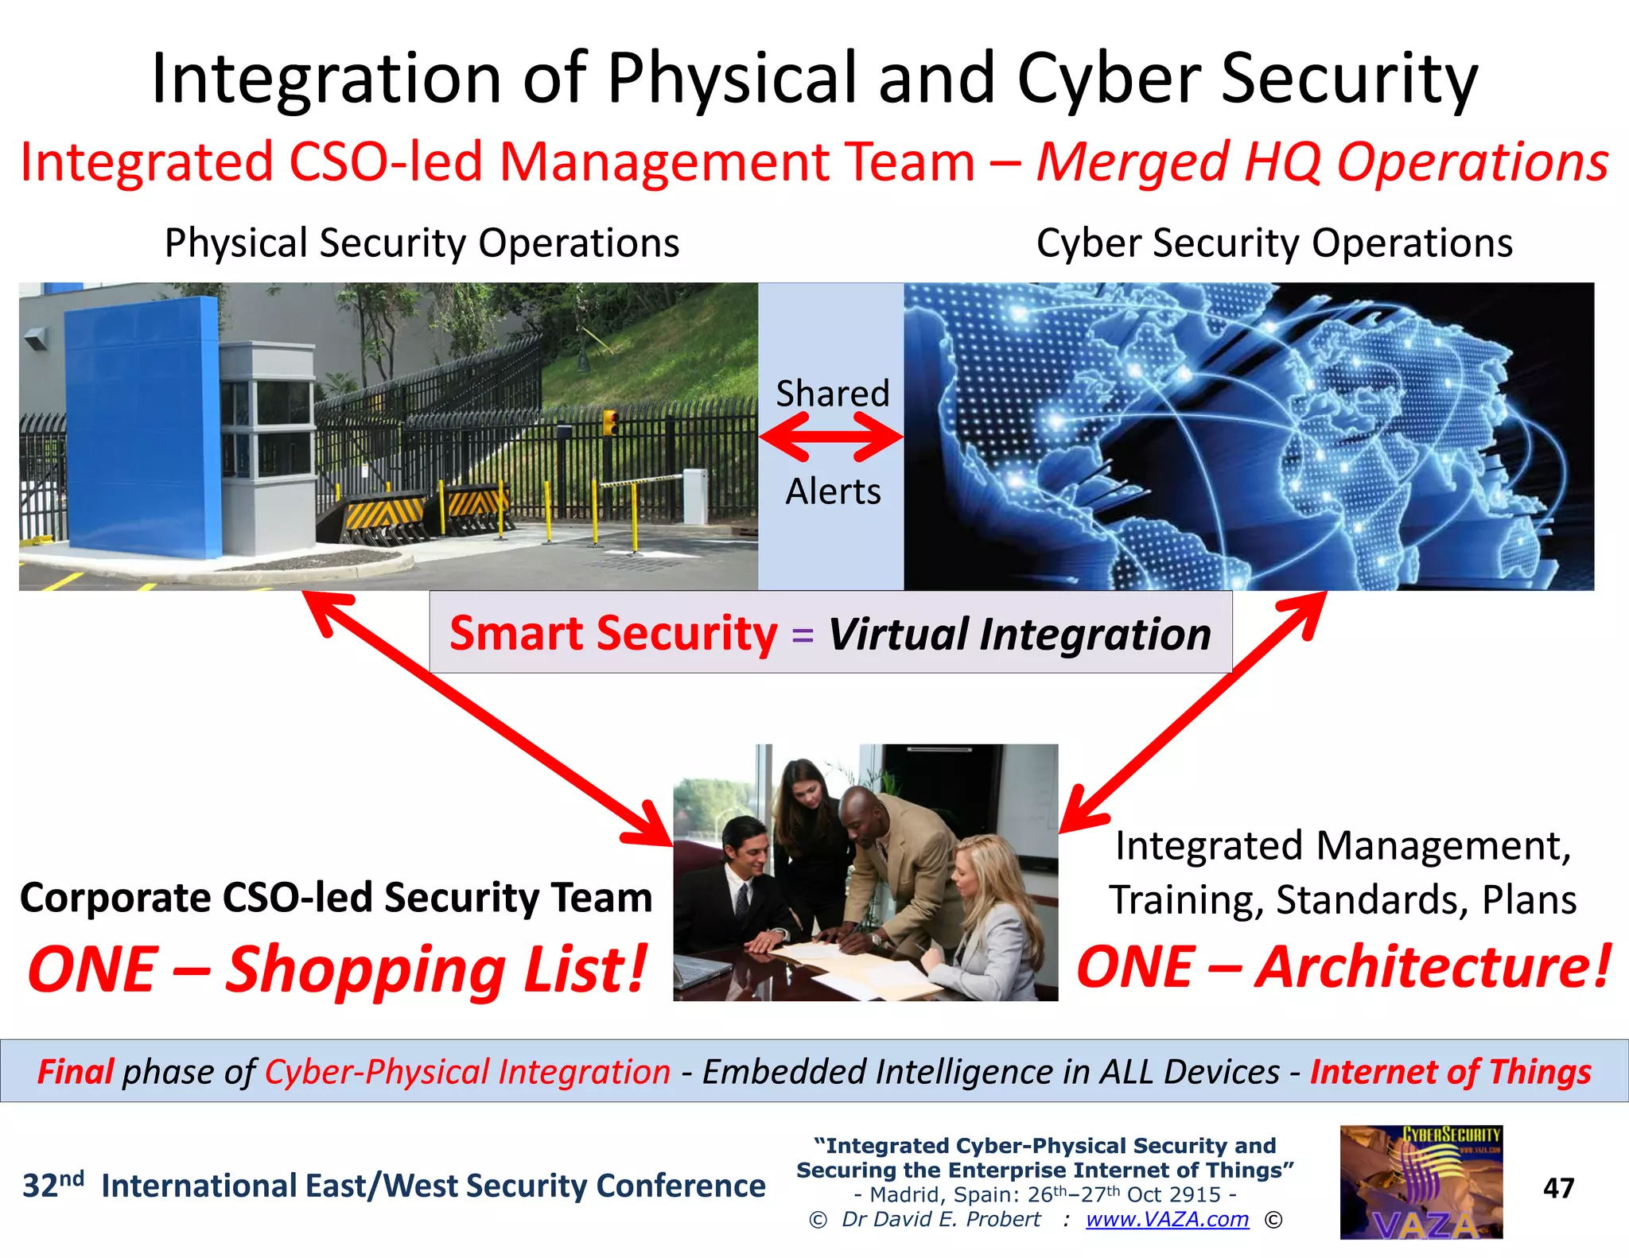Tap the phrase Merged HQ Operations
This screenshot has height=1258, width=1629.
[x=1323, y=162]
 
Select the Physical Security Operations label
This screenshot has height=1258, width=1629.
[x=422, y=243]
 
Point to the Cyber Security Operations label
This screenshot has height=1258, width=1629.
[x=1274, y=243]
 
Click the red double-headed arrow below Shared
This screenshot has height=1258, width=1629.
[x=831, y=437]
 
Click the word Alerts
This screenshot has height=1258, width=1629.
[x=833, y=491]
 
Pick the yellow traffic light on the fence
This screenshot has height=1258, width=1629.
[x=610, y=422]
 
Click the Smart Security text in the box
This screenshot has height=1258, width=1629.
[x=613, y=634]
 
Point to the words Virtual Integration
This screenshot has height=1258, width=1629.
[x=1020, y=634]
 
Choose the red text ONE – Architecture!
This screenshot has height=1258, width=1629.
[x=1343, y=968]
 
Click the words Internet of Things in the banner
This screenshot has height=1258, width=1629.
[x=1450, y=1071]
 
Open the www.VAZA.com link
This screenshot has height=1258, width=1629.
[x=1167, y=1219]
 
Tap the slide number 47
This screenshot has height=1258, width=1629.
[x=1558, y=1188]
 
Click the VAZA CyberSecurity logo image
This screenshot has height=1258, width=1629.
[x=1421, y=1182]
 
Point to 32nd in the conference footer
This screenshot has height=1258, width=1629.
[x=52, y=1185]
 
